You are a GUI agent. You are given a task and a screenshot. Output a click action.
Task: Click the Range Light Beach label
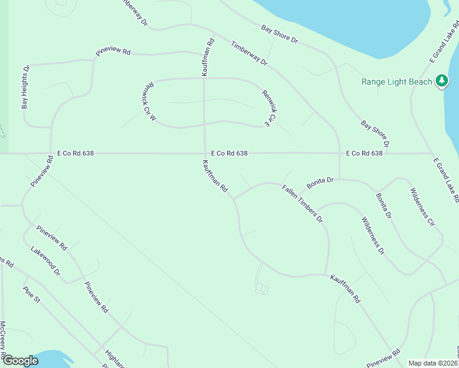(396, 82)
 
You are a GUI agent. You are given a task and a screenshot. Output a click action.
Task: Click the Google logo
(20, 361)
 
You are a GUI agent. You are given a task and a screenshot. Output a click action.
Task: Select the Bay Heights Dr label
(26, 87)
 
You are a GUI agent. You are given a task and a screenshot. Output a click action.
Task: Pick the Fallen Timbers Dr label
(302, 204)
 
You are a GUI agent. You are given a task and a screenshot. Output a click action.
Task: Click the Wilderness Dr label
(372, 236)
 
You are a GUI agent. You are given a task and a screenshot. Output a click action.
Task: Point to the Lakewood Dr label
(46, 261)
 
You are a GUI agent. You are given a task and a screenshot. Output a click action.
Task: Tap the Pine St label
(31, 295)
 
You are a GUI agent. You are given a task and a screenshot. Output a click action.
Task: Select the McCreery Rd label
(3, 340)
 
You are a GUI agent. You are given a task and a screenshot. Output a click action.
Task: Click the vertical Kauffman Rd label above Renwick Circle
(210, 58)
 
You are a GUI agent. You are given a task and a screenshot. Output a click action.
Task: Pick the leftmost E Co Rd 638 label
(75, 153)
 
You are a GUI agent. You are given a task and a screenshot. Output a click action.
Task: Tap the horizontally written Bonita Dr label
(320, 180)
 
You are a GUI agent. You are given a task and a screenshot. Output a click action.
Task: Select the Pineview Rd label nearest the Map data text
(384, 359)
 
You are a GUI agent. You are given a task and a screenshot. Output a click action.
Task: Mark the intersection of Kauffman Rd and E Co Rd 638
(204, 153)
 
